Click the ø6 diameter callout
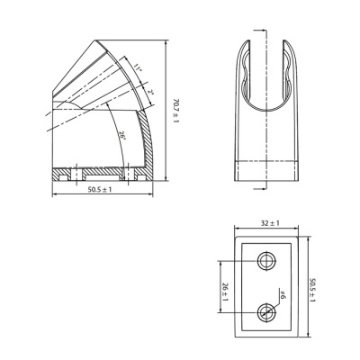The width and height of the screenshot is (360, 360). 282,293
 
